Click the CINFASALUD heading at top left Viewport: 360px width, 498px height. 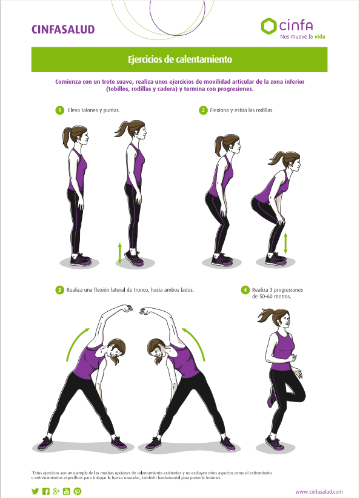click(63, 30)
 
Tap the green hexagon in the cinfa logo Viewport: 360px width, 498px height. click(268, 26)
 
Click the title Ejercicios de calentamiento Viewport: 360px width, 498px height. click(179, 59)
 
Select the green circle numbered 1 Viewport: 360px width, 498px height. click(59, 110)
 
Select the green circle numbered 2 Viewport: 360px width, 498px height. click(203, 110)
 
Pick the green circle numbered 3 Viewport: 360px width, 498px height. click(59, 290)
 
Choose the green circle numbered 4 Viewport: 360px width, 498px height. click(245, 290)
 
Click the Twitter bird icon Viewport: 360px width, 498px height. click(35, 491)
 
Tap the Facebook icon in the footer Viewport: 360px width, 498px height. click(45, 491)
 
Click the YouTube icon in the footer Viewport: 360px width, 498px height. click(66, 491)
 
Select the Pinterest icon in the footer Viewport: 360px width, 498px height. click(77, 491)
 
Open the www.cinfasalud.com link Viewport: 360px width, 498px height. click(319, 492)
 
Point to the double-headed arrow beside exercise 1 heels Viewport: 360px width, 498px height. click(119, 253)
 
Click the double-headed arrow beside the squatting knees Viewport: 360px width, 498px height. click(285, 243)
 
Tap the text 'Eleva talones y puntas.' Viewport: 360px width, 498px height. click(94, 110)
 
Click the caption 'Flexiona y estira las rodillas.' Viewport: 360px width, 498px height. click(242, 110)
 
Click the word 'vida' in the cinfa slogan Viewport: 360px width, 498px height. click(319, 36)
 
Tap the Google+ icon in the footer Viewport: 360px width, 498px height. click(56, 491)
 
